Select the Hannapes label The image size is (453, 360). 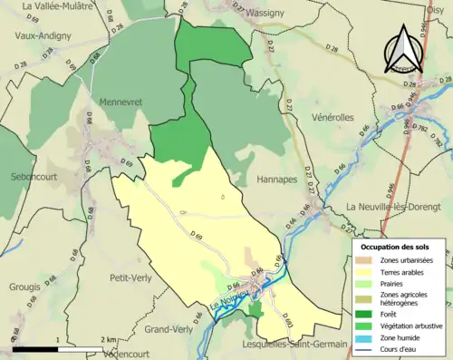276,180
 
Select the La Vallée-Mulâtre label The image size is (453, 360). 59,6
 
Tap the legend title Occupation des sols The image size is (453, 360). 398,246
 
